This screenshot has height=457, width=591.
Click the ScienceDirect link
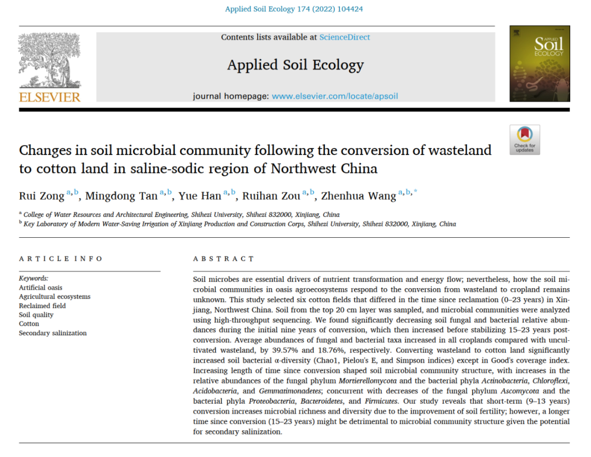pos(345,37)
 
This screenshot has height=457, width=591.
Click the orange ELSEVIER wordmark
pos(50,98)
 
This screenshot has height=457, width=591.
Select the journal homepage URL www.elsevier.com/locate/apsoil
pos(335,96)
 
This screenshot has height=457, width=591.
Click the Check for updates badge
pos(524,140)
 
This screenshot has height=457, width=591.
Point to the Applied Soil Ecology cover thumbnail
pos(540,64)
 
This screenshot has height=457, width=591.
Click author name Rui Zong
pos(41,196)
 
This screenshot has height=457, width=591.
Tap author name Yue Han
pos(200,196)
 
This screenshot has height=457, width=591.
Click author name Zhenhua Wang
pos(358,196)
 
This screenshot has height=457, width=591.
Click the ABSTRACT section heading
pos(224,259)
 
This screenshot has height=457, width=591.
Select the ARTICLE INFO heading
pos(61,259)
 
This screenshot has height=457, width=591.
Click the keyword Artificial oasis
pos(40,288)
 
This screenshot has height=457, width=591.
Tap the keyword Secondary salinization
pos(53,333)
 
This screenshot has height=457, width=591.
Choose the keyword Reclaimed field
pos(42,306)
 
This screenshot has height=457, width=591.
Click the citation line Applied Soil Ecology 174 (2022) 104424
pos(294,9)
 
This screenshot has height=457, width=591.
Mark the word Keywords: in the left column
pos(33,278)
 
